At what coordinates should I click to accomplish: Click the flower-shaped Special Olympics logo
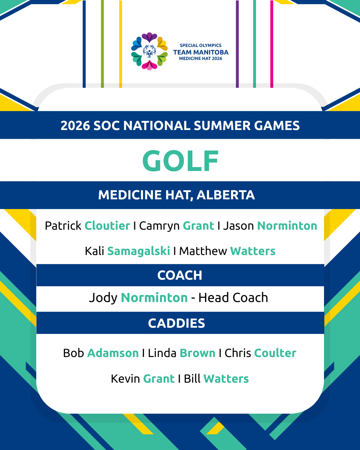pyautogui.click(x=149, y=51)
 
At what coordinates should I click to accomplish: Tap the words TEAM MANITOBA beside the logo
pyautogui.click(x=201, y=52)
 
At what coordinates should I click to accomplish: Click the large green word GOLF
pyautogui.click(x=180, y=161)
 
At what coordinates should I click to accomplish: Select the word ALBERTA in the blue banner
pyautogui.click(x=225, y=195)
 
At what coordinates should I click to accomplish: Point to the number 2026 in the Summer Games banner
pyautogui.click(x=75, y=126)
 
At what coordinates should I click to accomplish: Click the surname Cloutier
pyautogui.click(x=107, y=226)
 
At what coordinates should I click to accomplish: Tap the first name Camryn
pyautogui.click(x=159, y=226)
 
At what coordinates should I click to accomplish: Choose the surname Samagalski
pyautogui.click(x=138, y=251)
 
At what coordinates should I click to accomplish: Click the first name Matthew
pyautogui.click(x=203, y=251)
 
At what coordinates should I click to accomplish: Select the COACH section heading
pyautogui.click(x=180, y=275)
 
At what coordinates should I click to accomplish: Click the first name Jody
pyautogui.click(x=103, y=298)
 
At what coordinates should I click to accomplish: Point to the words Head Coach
pyautogui.click(x=233, y=298)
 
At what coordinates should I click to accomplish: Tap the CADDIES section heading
pyautogui.click(x=177, y=323)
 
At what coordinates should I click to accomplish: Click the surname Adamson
pyautogui.click(x=113, y=353)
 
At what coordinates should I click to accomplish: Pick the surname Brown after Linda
pyautogui.click(x=198, y=353)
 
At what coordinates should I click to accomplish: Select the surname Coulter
pyautogui.click(x=275, y=353)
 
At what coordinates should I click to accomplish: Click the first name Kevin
pyautogui.click(x=125, y=379)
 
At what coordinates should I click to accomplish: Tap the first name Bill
pyautogui.click(x=192, y=379)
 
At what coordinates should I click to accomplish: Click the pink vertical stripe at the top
pyautogui.click(x=272, y=44)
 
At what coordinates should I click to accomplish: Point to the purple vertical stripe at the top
pyautogui.click(x=237, y=44)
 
